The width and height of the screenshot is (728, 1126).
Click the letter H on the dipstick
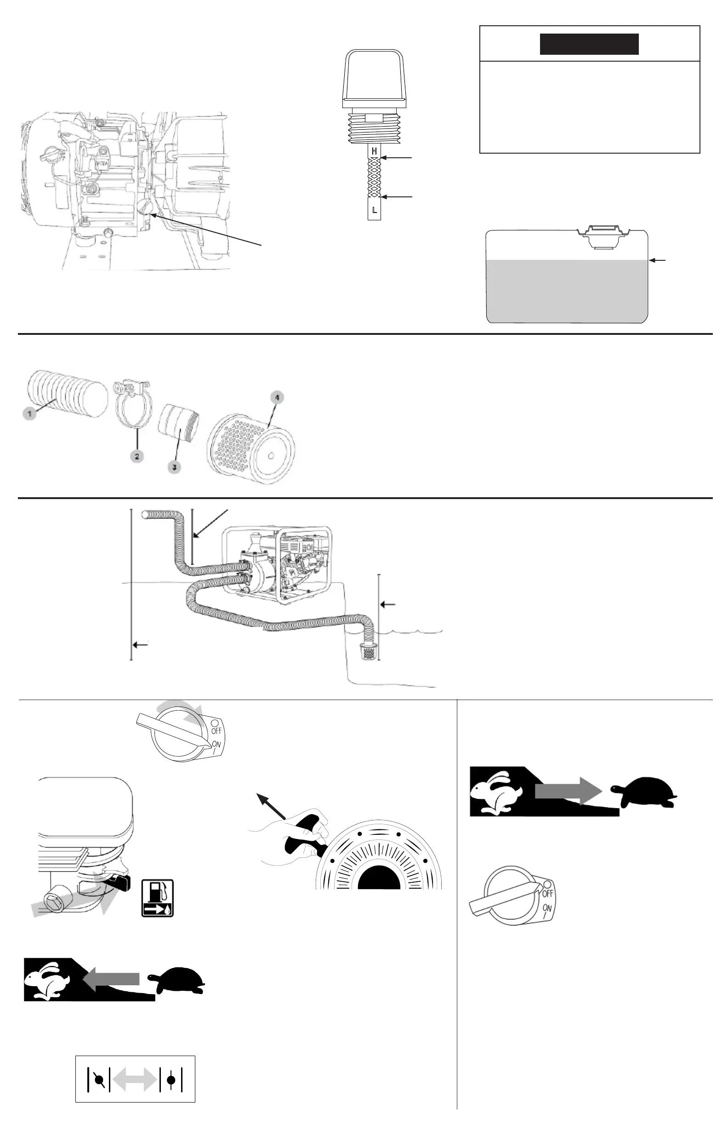coord(375,151)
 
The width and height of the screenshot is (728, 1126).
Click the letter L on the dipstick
coord(375,210)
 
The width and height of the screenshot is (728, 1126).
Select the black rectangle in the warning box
coord(589,44)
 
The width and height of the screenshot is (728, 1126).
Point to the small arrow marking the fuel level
coord(658,260)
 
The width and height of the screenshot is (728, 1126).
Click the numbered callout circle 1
coord(29,414)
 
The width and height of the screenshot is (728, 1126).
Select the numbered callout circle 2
coord(136,457)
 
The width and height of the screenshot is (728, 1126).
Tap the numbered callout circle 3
coord(175,467)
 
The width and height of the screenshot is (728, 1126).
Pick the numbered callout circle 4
coord(277,397)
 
